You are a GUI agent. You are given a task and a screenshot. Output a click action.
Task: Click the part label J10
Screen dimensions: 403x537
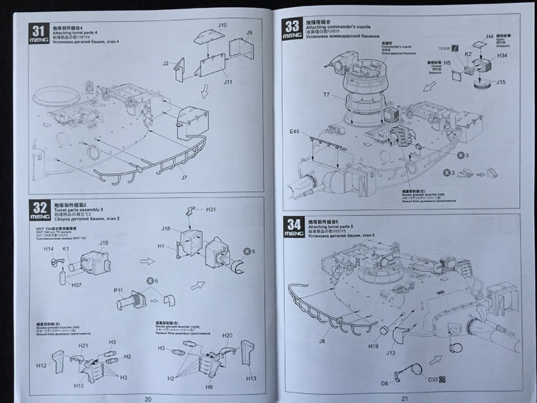click(222, 26)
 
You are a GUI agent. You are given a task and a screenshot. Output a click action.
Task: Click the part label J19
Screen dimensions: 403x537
click(104, 244)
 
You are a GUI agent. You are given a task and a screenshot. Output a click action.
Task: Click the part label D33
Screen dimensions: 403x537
click(432, 379)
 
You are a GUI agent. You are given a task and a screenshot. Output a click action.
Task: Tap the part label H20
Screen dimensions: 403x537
click(227, 336)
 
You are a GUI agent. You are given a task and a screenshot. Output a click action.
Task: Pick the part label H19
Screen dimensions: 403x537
click(374, 347)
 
